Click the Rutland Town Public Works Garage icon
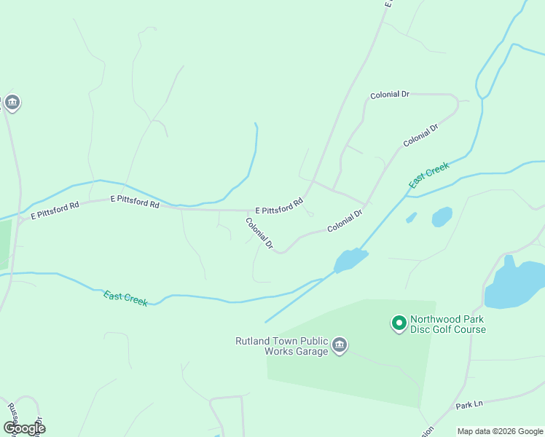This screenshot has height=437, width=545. (339, 346)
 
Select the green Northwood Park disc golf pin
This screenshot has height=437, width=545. (399, 323)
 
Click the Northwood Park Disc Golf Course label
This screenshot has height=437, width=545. (447, 324)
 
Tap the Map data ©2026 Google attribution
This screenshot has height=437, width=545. (500, 431)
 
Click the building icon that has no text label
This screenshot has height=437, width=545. (12, 103)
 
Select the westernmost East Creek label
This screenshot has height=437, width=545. (125, 298)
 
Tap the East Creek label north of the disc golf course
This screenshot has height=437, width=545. (428, 176)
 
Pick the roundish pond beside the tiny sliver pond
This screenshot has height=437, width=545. (442, 217)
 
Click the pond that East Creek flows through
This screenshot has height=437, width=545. (350, 260)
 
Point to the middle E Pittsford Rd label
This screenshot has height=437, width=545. (135, 202)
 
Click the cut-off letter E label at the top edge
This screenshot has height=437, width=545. (389, 4)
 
